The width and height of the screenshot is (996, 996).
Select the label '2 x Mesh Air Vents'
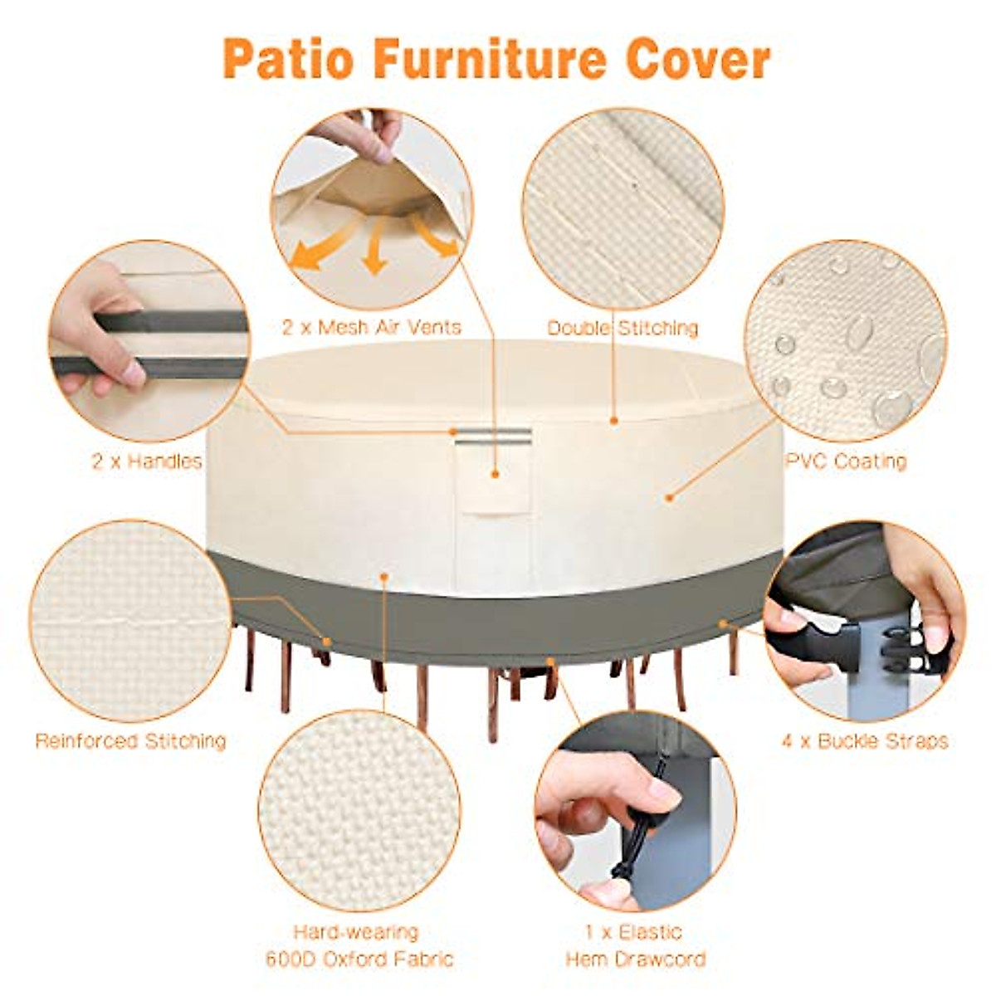point(371,328)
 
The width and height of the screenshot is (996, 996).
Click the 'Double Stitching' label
point(622,329)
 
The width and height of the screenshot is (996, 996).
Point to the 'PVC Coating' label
point(846,461)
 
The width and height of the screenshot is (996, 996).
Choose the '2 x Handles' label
point(147,461)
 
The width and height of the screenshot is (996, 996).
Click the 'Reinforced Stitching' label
point(130,740)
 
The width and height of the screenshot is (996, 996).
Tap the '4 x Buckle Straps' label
point(865,740)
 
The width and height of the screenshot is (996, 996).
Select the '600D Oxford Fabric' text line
point(359,960)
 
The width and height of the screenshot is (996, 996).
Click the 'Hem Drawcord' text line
point(636,960)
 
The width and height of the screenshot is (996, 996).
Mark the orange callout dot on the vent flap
point(495,474)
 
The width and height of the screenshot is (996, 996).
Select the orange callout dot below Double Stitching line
point(614,421)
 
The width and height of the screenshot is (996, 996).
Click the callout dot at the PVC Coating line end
point(669,498)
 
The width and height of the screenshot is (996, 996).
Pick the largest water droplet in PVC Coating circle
point(890,406)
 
